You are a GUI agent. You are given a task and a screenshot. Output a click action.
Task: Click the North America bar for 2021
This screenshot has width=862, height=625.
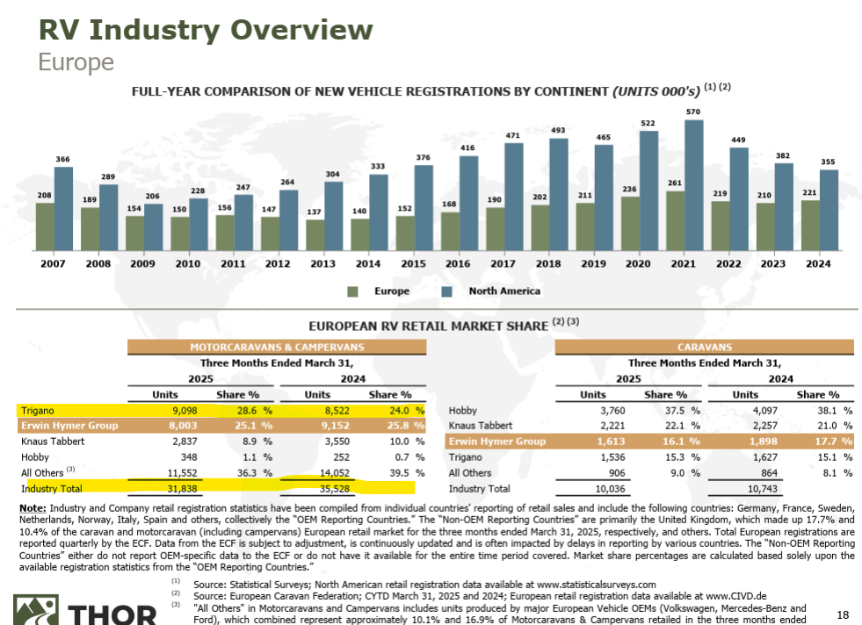pos(694,183)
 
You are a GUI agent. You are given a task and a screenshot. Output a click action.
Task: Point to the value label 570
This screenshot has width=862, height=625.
pos(694,112)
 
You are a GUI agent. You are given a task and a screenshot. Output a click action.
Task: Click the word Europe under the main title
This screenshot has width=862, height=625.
pos(76,61)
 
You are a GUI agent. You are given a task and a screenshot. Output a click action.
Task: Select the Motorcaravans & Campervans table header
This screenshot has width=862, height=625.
pos(277,348)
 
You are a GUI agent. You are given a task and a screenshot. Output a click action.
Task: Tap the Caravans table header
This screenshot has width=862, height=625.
pos(705,348)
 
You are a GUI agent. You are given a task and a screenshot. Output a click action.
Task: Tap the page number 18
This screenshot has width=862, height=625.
pos(843,614)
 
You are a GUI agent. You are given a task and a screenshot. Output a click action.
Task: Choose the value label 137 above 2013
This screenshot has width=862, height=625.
pos(315,213)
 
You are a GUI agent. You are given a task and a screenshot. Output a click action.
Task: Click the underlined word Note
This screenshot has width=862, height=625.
pos(33,508)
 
